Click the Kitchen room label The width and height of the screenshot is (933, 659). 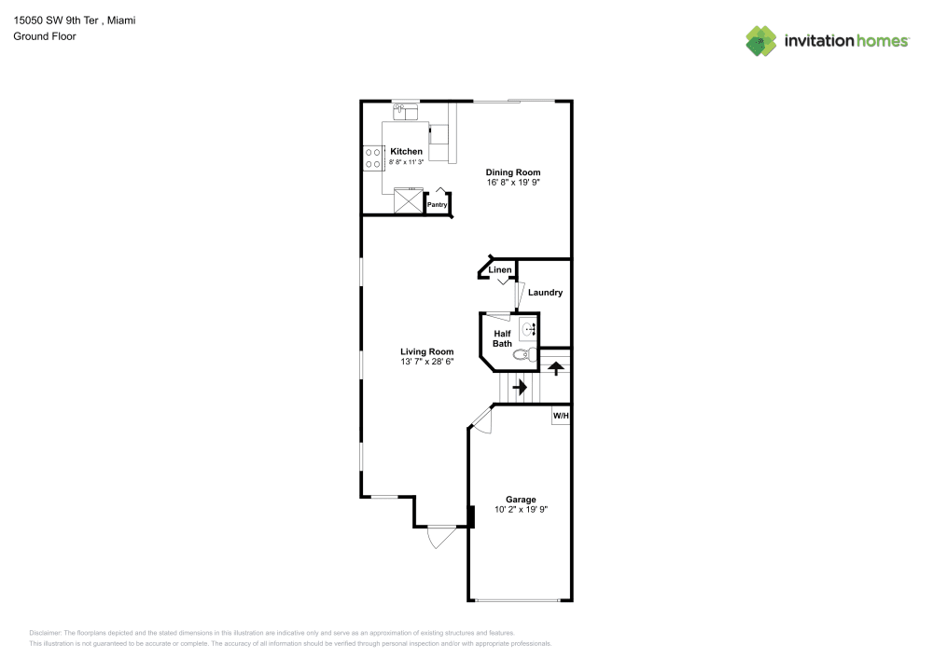pyautogui.click(x=407, y=152)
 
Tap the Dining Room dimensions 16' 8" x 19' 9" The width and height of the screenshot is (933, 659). pyautogui.click(x=513, y=183)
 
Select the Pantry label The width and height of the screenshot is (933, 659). pyautogui.click(x=438, y=204)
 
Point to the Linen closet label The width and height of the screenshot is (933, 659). pyautogui.click(x=500, y=269)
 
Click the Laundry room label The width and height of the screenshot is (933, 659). pyautogui.click(x=545, y=293)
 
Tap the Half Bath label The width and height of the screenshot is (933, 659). pyautogui.click(x=502, y=338)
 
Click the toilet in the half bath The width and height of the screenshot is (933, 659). pyautogui.click(x=524, y=355)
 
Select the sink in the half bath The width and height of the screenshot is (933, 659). pyautogui.click(x=528, y=329)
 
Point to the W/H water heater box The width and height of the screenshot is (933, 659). pyautogui.click(x=561, y=416)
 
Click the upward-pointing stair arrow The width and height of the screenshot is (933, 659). pyautogui.click(x=556, y=368)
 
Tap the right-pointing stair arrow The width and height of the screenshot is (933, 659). pyautogui.click(x=520, y=388)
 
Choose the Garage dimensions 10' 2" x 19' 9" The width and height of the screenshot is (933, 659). pyautogui.click(x=522, y=509)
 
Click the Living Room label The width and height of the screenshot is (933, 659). pyautogui.click(x=426, y=351)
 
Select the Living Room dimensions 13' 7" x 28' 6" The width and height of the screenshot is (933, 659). pyautogui.click(x=426, y=362)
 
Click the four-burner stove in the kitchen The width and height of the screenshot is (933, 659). pyautogui.click(x=373, y=158)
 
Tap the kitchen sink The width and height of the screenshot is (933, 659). pyautogui.click(x=406, y=111)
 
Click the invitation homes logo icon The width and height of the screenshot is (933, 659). pyautogui.click(x=761, y=41)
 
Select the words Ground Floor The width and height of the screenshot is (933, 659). pyautogui.click(x=45, y=36)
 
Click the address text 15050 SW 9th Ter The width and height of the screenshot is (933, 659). pyautogui.click(x=56, y=21)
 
